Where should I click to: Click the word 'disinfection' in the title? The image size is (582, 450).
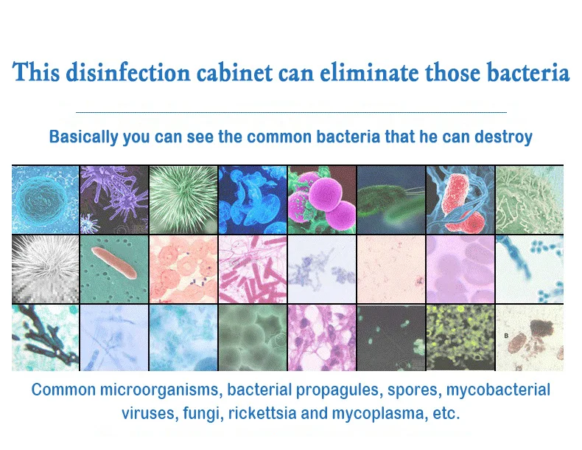(x=128, y=72)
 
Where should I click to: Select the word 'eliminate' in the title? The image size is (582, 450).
(x=369, y=72)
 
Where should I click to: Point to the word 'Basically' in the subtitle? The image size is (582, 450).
(x=83, y=136)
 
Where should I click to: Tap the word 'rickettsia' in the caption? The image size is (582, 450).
(x=262, y=413)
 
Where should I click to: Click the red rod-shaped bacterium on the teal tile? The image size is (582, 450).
(x=114, y=263)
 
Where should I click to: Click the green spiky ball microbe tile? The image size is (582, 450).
(x=183, y=199)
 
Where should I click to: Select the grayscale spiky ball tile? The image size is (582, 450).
(x=45, y=269)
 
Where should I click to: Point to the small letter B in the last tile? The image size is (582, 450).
(x=506, y=336)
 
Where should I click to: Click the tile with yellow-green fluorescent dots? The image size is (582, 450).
(x=460, y=338)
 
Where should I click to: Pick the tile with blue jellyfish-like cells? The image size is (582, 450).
(x=253, y=199)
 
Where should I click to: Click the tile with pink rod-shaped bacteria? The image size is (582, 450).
(x=253, y=269)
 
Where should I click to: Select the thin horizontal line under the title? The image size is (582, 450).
(x=292, y=111)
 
